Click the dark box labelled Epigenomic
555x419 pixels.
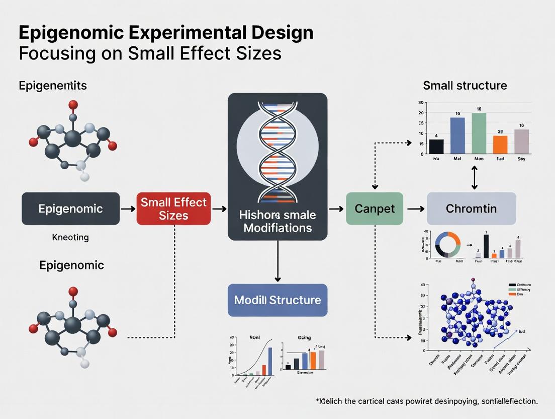coord(70,208)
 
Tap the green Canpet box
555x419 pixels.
coord(375,208)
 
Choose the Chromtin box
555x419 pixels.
coord(471,208)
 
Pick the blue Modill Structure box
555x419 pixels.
coord(277,300)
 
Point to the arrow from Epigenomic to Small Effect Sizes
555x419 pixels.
coord(128,208)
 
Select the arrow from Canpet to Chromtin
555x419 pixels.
coord(415,208)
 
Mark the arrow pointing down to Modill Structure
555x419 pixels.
coord(277,262)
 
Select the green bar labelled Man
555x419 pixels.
coord(479,132)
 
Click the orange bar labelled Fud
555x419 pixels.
coord(500,144)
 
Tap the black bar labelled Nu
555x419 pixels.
coord(436,146)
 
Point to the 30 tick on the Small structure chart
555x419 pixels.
coord(421,102)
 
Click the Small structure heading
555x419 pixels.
coord(465,86)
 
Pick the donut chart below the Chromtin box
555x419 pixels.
coord(448,245)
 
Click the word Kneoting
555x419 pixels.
coord(70,237)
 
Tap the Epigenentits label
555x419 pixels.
coord(53,86)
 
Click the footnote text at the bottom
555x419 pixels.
coord(427,401)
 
